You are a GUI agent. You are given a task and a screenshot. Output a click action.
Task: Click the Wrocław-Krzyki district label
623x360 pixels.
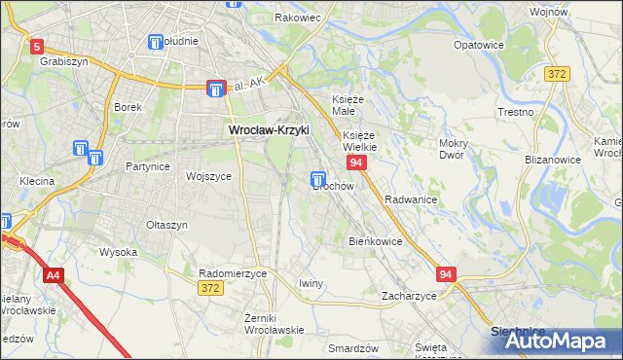point(268,128)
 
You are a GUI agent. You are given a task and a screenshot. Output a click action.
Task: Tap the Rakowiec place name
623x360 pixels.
point(297,18)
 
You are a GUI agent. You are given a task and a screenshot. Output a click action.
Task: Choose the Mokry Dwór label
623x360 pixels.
point(454,149)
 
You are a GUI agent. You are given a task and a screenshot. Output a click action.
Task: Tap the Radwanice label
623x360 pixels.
point(410,198)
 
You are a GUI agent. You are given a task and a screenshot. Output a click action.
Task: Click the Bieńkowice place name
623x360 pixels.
point(376,240)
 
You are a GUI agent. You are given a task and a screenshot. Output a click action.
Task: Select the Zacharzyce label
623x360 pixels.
point(409,295)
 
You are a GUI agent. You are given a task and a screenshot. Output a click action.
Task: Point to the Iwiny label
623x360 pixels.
point(311,283)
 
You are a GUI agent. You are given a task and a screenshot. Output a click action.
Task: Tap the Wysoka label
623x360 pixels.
point(118,252)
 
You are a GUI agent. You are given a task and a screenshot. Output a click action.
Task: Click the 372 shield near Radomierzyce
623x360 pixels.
point(209,288)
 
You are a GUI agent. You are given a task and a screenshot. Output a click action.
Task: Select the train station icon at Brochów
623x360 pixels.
point(318,179)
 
